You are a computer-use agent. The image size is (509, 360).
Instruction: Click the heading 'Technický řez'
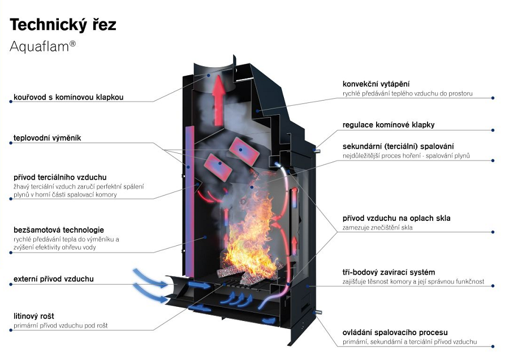(63, 25)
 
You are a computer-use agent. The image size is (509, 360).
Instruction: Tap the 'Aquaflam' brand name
(39, 47)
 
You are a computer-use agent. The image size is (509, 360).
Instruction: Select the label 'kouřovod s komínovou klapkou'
(68, 97)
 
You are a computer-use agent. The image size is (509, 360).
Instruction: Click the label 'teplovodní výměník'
(47, 138)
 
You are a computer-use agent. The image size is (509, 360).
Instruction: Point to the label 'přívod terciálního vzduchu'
(60, 177)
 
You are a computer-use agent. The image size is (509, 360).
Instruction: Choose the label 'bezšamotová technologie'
(59, 230)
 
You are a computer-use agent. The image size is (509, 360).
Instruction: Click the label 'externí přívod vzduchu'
(54, 279)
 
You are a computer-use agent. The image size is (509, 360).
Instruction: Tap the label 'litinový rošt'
(34, 316)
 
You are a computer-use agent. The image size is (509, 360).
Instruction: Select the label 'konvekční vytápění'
(376, 84)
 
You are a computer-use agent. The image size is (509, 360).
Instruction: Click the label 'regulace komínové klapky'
(389, 125)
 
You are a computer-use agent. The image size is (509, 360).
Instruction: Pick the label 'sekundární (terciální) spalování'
(398, 146)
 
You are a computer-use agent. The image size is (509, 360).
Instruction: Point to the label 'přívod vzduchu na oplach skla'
(396, 218)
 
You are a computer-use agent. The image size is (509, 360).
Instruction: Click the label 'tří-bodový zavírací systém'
(389, 272)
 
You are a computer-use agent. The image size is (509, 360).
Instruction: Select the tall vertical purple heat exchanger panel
(189, 202)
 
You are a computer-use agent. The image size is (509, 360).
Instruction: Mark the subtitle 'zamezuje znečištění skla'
(378, 228)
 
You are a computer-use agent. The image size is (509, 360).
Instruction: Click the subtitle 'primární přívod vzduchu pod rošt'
(61, 326)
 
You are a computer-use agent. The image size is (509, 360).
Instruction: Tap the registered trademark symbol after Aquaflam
(73, 44)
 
